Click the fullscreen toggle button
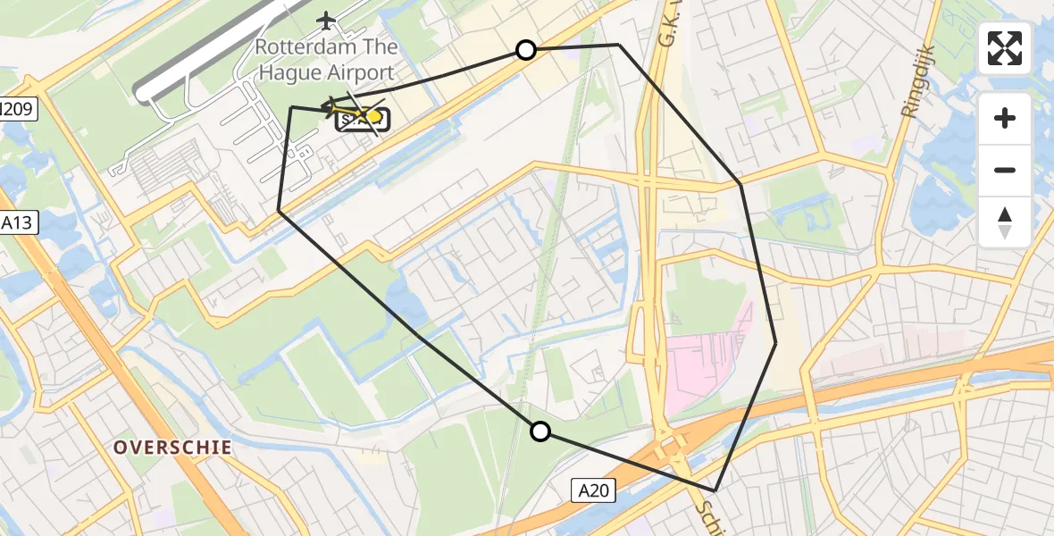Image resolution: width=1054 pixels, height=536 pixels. pyautogui.click(x=1005, y=48)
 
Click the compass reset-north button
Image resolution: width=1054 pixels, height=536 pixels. pyautogui.click(x=1005, y=222)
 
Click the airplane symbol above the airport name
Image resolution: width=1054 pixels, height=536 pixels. pyautogui.click(x=327, y=20)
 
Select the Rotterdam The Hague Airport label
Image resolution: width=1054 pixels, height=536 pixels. pyautogui.click(x=326, y=60)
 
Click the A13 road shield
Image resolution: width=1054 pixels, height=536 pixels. pyautogui.click(x=19, y=223)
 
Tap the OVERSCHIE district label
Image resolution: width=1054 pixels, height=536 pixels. pyautogui.click(x=172, y=448)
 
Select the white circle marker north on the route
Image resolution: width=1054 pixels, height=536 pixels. pyautogui.click(x=526, y=50)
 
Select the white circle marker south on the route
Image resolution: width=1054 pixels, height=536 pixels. pyautogui.click(x=540, y=432)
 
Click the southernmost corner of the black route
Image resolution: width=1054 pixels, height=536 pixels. pyautogui.click(x=715, y=490)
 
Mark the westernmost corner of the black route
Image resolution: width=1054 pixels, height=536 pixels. pyautogui.click(x=279, y=211)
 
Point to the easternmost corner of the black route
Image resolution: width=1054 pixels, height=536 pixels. pyautogui.click(x=775, y=342)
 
